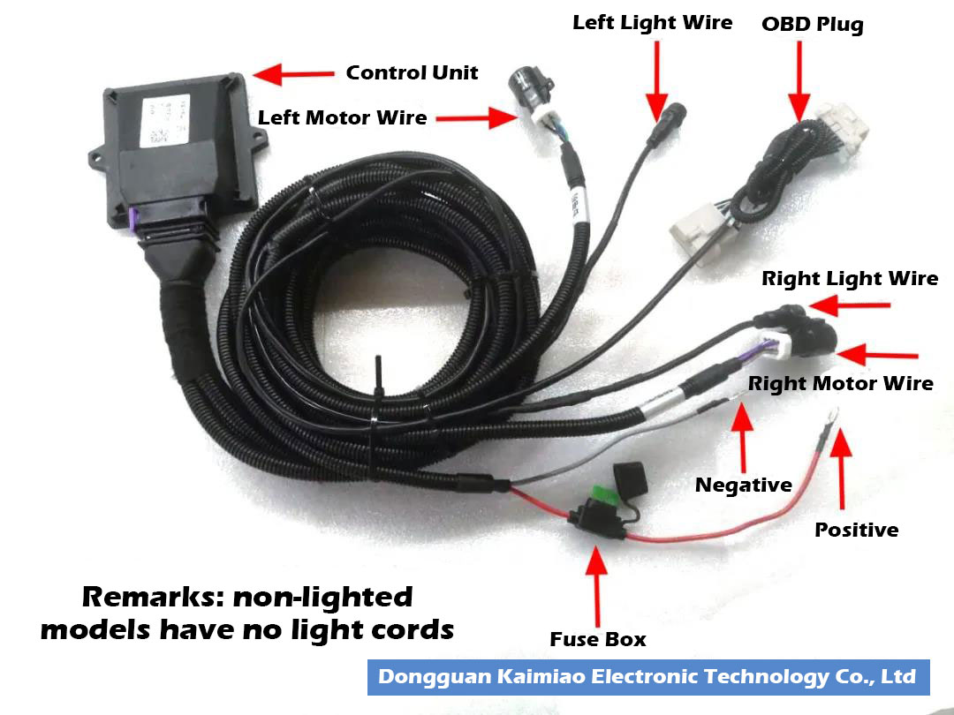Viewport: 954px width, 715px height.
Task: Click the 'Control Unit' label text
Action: point(412,72)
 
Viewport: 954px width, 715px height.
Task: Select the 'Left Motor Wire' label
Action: point(342,117)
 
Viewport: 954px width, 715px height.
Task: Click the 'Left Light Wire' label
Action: point(652,22)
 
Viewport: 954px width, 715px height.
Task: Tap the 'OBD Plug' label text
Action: point(812,24)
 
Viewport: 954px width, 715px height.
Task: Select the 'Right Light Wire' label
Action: point(850,279)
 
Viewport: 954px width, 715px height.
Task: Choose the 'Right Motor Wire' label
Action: point(840,383)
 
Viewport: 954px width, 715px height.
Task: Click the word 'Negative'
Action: point(743,485)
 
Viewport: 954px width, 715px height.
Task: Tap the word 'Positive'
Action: point(856,530)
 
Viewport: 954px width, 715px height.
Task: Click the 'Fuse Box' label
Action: point(598,639)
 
